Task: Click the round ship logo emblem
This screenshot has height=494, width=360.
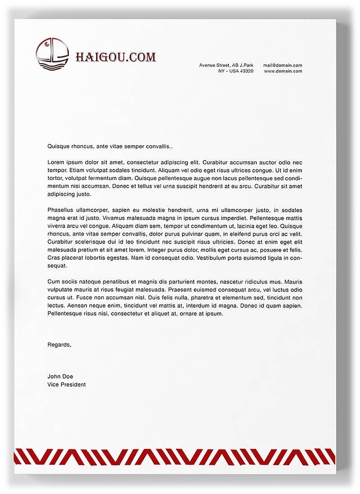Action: (52, 54)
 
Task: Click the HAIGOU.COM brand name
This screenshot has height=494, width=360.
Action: (115, 57)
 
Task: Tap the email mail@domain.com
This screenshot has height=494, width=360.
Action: (283, 65)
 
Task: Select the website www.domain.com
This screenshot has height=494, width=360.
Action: (283, 71)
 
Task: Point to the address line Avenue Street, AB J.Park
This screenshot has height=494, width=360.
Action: (226, 65)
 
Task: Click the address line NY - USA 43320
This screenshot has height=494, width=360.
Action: (236, 71)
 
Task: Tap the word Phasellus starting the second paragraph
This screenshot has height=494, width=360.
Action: (61, 210)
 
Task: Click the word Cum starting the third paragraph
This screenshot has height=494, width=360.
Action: (53, 282)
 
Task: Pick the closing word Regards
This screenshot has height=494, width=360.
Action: (59, 345)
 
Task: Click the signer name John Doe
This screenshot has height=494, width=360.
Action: (60, 376)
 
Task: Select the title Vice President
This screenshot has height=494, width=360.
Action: (66, 384)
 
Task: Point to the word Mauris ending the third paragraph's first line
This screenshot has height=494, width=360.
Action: (293, 282)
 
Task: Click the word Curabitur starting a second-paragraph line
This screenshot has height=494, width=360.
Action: (60, 242)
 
